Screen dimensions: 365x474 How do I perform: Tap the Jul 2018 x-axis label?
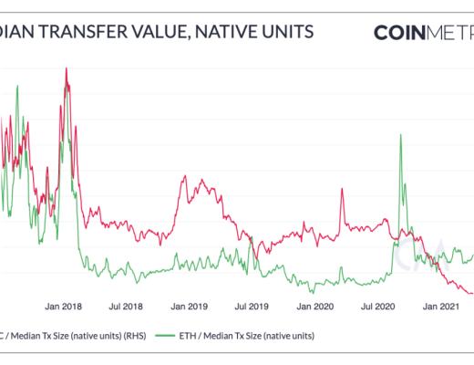click(127, 308)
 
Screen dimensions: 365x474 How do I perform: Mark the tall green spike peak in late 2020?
click(399, 135)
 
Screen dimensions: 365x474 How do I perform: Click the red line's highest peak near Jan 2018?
click(66, 68)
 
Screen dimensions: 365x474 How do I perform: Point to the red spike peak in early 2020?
click(342, 190)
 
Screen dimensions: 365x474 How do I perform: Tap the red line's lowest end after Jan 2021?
click(471, 293)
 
